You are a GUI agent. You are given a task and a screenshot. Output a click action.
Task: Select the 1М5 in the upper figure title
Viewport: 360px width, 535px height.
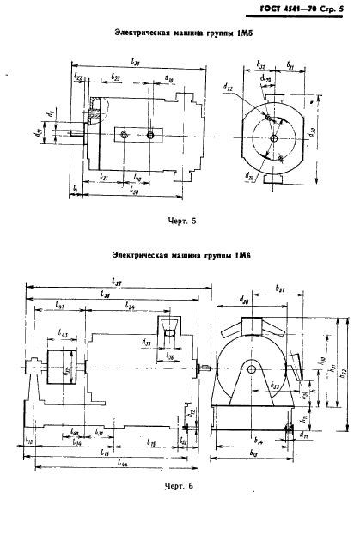[x=230, y=32]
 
